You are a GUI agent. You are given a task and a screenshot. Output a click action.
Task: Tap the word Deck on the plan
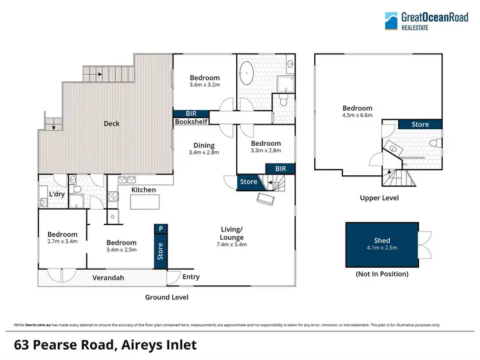(111, 123)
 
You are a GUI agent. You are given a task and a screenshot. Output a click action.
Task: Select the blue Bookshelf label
(190, 121)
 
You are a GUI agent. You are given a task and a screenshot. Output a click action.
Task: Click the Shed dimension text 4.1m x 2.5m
(382, 247)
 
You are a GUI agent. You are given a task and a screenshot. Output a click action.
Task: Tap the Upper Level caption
(379, 198)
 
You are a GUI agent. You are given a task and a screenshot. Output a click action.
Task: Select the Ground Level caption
(167, 297)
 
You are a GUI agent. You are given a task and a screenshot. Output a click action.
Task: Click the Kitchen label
(144, 190)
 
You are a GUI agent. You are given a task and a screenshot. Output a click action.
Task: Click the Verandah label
(107, 278)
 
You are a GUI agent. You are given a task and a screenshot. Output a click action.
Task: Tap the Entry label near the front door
(191, 277)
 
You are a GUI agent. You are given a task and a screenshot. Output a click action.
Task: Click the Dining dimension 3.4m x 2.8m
(205, 153)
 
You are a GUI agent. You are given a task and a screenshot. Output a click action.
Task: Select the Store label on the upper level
(420, 124)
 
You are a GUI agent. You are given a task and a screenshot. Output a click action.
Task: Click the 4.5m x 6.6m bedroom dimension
(356, 116)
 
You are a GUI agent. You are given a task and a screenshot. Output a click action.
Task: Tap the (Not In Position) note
(382, 274)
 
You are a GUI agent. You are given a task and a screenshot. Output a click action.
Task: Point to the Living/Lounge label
(231, 236)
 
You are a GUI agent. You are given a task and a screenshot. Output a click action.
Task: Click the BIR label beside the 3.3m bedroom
(280, 168)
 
